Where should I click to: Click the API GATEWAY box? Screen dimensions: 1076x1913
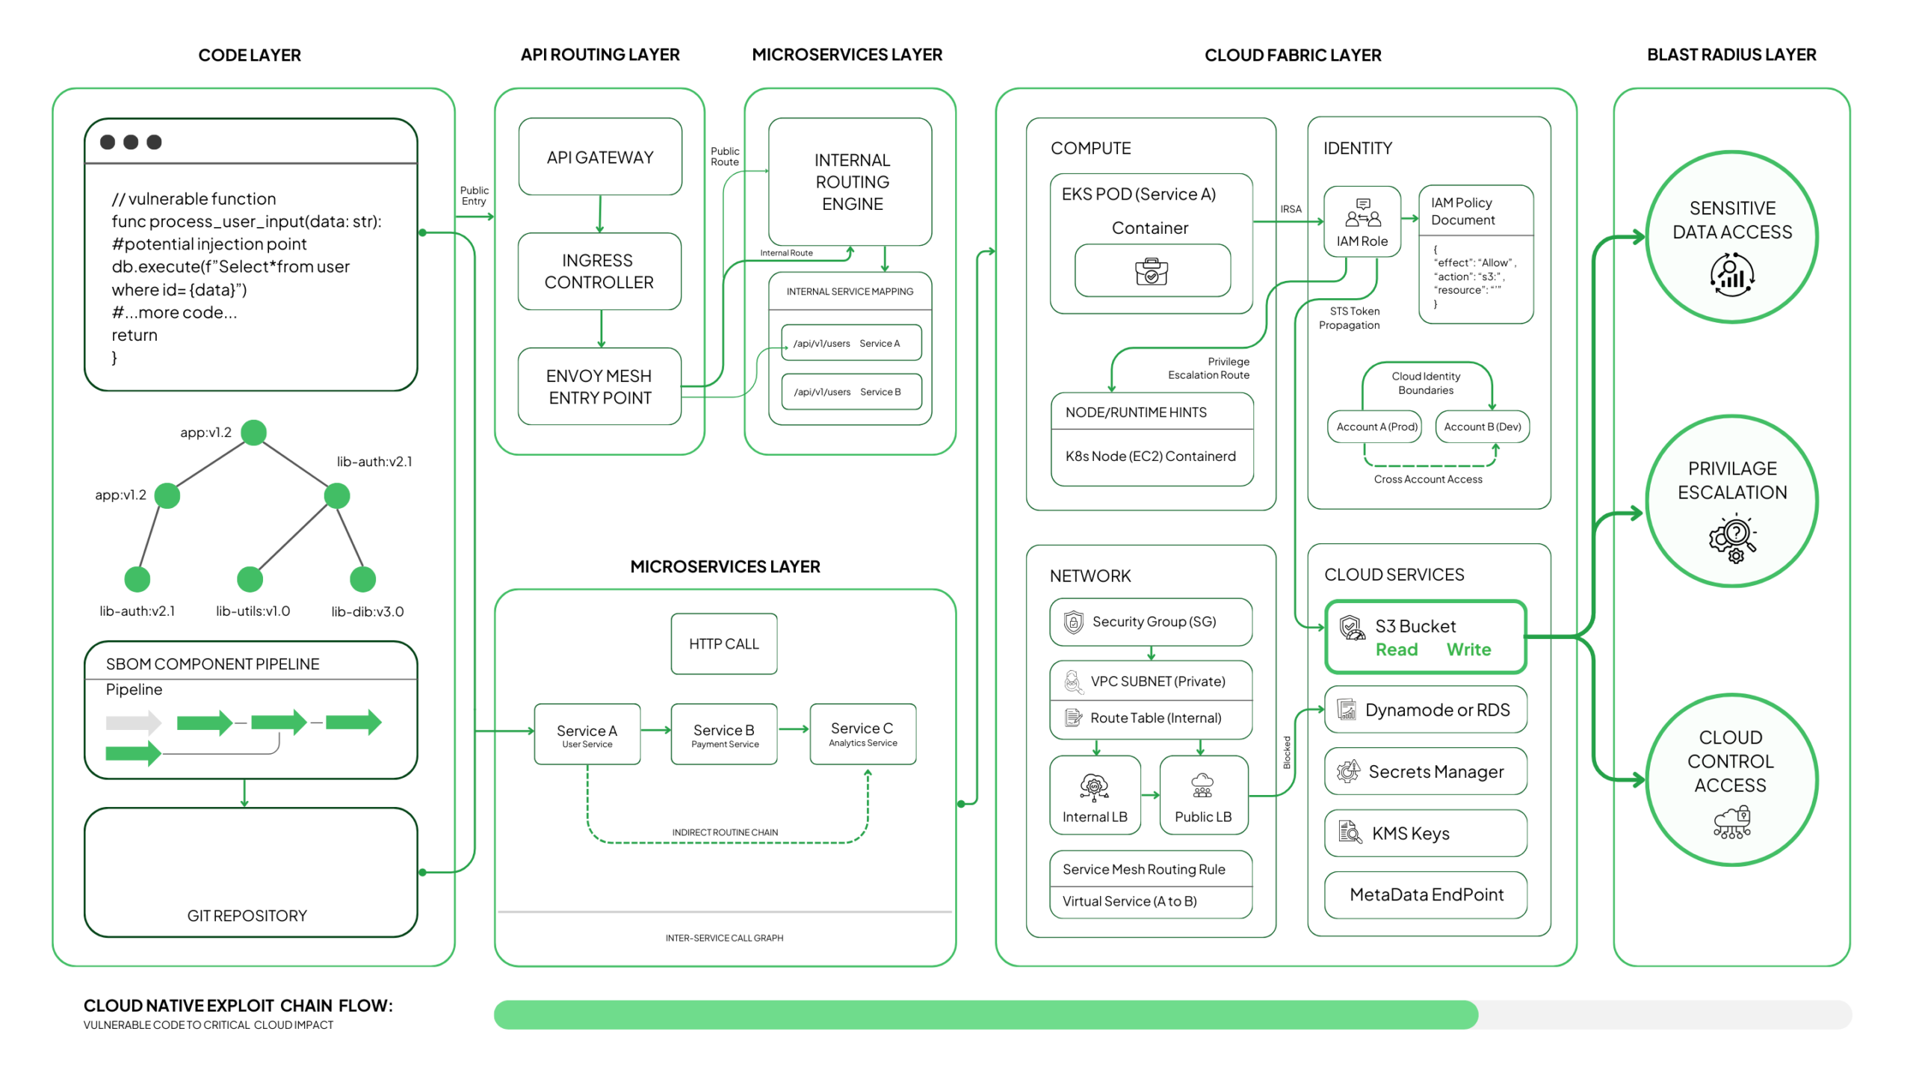tap(599, 157)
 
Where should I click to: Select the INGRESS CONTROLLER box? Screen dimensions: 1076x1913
tap(599, 271)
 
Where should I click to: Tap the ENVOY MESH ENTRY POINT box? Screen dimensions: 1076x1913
tap(599, 386)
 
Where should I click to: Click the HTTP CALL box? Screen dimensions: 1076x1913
tap(723, 644)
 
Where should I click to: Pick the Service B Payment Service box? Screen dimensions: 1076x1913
tap(723, 734)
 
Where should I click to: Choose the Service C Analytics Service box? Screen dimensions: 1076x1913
tap(862, 734)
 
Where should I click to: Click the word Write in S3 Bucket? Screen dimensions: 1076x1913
tap(1468, 649)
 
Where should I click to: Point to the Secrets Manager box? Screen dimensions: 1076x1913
tap(1425, 771)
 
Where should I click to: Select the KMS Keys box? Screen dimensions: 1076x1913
tap(1425, 833)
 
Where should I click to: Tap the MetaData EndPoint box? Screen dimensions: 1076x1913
tap(1425, 894)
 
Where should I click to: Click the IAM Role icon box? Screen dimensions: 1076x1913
tap(1362, 221)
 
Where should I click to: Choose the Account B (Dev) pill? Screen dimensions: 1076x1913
tap(1482, 427)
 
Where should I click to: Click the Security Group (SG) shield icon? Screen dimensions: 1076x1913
tap(1073, 622)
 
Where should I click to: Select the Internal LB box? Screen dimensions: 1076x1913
tap(1095, 795)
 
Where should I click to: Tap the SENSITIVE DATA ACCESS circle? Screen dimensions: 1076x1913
tap(1731, 238)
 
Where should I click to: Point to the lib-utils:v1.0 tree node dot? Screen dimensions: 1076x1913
tap(250, 579)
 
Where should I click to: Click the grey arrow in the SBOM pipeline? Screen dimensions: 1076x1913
tap(133, 723)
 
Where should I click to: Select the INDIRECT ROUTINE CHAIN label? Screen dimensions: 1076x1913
tap(724, 832)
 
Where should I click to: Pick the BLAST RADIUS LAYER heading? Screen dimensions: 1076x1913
tap(1731, 55)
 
